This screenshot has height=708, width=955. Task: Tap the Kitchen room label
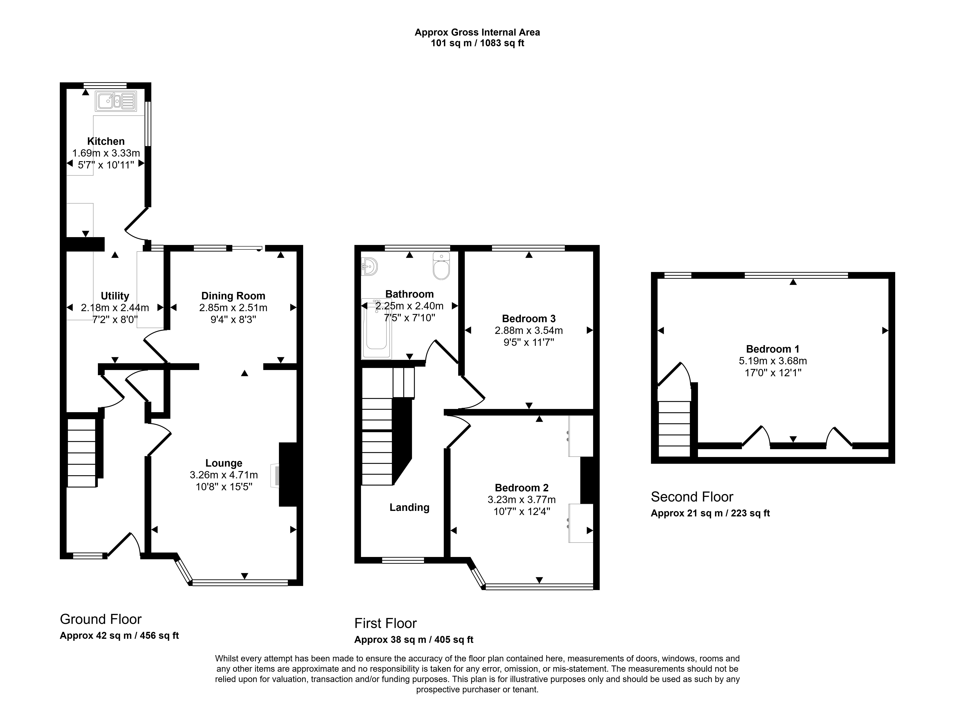tap(106, 141)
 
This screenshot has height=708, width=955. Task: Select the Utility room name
tap(115, 296)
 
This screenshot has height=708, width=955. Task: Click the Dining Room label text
tap(233, 296)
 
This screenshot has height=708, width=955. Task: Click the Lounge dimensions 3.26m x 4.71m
tap(224, 475)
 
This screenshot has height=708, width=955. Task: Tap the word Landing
tap(410, 507)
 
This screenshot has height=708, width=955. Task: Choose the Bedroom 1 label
tap(773, 349)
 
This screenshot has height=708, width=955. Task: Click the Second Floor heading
tap(692, 497)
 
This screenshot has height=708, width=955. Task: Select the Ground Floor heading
tap(101, 619)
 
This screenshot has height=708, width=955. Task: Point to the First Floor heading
tap(386, 623)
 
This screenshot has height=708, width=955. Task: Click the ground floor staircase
tap(82, 453)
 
